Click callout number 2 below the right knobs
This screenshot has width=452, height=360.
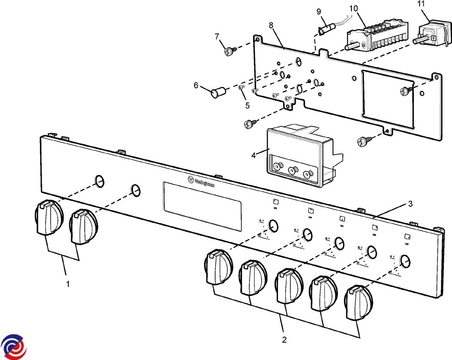coord(284,339)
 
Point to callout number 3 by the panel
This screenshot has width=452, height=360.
coord(410,204)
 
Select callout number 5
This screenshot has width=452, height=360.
coord(247,105)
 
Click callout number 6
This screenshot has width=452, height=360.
coord(196,85)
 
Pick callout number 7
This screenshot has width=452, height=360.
coord(217,37)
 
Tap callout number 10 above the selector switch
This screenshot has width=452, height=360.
coord(353,8)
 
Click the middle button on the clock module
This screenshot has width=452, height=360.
coord(293,170)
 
